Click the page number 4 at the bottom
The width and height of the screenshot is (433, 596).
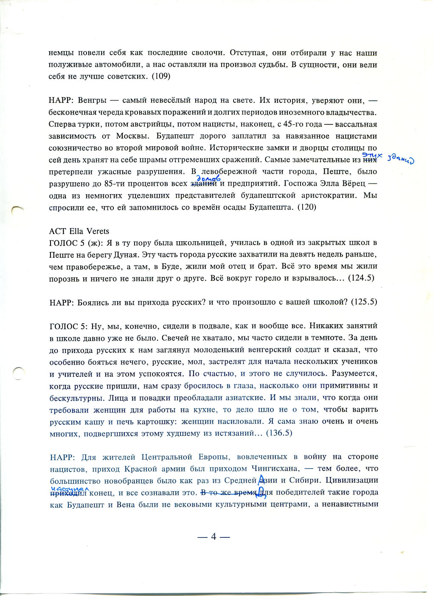(x=214, y=537)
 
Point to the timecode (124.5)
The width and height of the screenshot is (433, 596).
(x=361, y=278)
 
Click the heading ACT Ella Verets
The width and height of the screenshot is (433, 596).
(x=79, y=231)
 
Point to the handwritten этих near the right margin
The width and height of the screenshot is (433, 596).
(x=369, y=156)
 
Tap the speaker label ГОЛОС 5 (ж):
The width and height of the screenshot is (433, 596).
(x=74, y=243)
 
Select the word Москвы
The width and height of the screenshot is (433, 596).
(x=129, y=136)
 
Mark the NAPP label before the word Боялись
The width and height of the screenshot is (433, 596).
(x=62, y=302)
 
